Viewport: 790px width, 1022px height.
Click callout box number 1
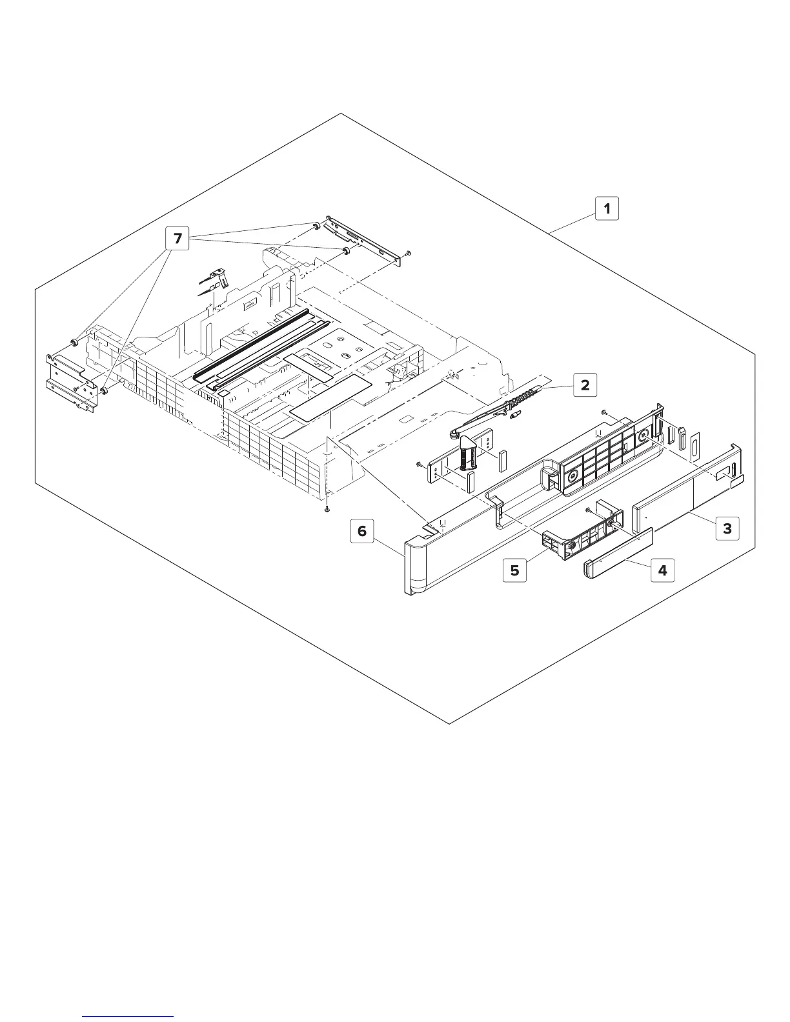coord(607,208)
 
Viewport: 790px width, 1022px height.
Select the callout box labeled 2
coord(585,385)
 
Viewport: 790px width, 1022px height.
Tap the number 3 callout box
coord(727,528)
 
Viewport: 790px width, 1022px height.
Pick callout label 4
coord(662,570)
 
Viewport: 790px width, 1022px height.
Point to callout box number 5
coord(514,570)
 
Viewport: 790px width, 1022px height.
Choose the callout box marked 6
coord(362,530)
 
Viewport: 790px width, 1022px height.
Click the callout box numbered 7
coord(177,239)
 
